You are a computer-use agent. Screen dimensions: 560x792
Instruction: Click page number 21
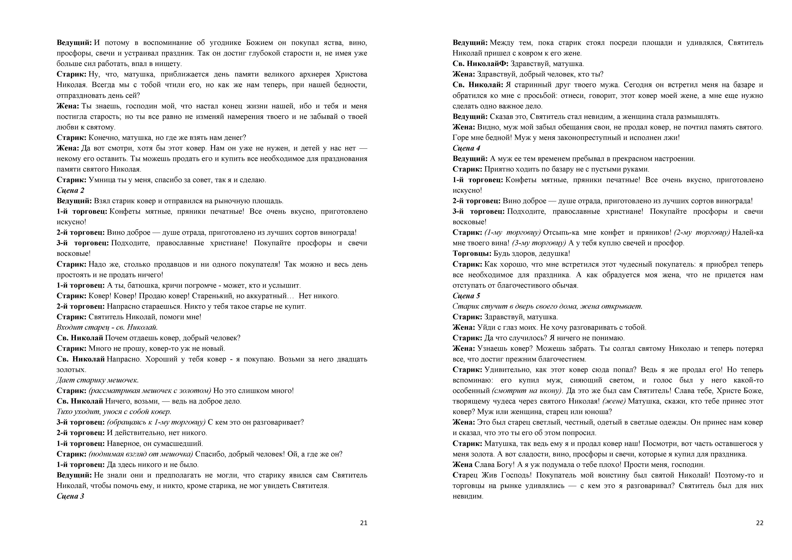point(364,523)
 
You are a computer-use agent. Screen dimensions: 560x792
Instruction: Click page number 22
point(760,523)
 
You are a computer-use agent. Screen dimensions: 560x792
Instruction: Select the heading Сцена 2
point(70,190)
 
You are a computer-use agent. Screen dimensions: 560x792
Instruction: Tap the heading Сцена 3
point(70,496)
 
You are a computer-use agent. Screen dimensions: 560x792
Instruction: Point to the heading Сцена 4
point(466,148)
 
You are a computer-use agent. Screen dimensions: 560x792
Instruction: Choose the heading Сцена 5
point(466,296)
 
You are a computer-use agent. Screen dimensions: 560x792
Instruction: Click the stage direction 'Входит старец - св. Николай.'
point(107,327)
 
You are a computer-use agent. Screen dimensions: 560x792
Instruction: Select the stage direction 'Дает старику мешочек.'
point(98,380)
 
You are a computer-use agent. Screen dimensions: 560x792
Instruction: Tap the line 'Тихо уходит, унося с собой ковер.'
point(114,412)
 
